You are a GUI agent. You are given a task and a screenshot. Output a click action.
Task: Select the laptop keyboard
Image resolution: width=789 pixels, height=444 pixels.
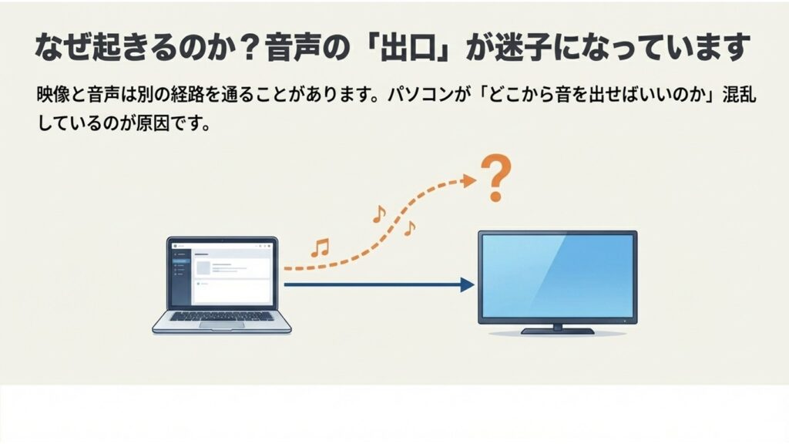click(222, 316)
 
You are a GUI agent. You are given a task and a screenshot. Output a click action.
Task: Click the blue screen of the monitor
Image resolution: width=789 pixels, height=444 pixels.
click(556, 274)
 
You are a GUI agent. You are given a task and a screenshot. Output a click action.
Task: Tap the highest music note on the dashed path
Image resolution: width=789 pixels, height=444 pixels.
click(378, 214)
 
